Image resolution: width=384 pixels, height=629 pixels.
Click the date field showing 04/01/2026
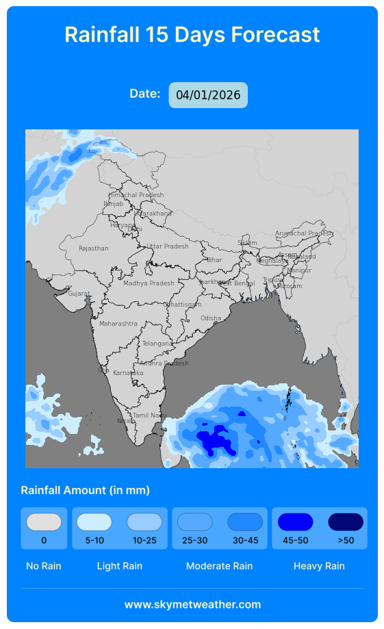pos(208,95)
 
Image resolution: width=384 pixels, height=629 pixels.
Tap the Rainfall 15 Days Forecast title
pos(192,34)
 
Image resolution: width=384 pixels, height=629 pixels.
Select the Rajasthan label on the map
pos(94,248)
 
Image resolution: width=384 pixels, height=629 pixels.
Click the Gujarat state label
pos(79,294)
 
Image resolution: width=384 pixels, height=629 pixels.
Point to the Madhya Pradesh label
pos(149,283)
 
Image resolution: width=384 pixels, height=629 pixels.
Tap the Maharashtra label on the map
pos(118,324)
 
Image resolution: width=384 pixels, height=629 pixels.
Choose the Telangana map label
pos(157,344)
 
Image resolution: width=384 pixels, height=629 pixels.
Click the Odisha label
pos(211,318)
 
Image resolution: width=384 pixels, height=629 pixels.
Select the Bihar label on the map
pos(214,260)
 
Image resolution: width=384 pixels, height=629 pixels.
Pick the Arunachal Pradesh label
pos(304,233)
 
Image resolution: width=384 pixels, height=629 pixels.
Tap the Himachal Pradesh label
pos(136,195)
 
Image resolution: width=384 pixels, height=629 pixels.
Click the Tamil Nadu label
pos(149,415)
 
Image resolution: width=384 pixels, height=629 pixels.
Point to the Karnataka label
pos(128,373)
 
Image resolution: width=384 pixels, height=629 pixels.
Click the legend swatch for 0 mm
pos(44,522)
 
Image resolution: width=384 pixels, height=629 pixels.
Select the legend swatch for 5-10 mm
pos(94,522)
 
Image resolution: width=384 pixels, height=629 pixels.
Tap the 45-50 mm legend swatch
pos(295,522)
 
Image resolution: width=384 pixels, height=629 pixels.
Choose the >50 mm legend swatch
pos(346,522)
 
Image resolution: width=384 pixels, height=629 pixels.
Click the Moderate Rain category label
pos(219,566)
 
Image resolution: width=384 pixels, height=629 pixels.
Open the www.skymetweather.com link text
pos(192,604)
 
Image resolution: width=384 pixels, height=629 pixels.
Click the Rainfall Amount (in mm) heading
pos(86,490)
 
